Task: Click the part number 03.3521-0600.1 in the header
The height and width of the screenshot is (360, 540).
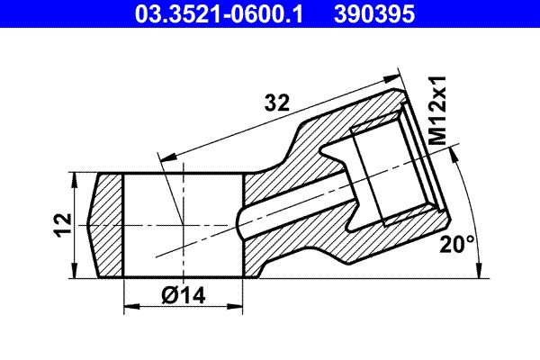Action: coord(219,13)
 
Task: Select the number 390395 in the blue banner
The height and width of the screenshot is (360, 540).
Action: coord(374,13)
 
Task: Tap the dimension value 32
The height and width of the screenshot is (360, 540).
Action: coord(277,103)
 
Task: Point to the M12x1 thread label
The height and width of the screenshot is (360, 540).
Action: coord(438,111)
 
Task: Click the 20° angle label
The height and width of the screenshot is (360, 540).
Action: coord(457,244)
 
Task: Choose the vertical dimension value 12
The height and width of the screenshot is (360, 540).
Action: coord(63,225)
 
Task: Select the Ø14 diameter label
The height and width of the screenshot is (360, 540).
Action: coord(184,295)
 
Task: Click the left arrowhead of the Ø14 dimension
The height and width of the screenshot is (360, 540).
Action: coord(131,306)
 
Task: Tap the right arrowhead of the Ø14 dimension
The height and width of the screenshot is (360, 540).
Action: coord(235,306)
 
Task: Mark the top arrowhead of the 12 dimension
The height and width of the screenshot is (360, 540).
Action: coord(74,181)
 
